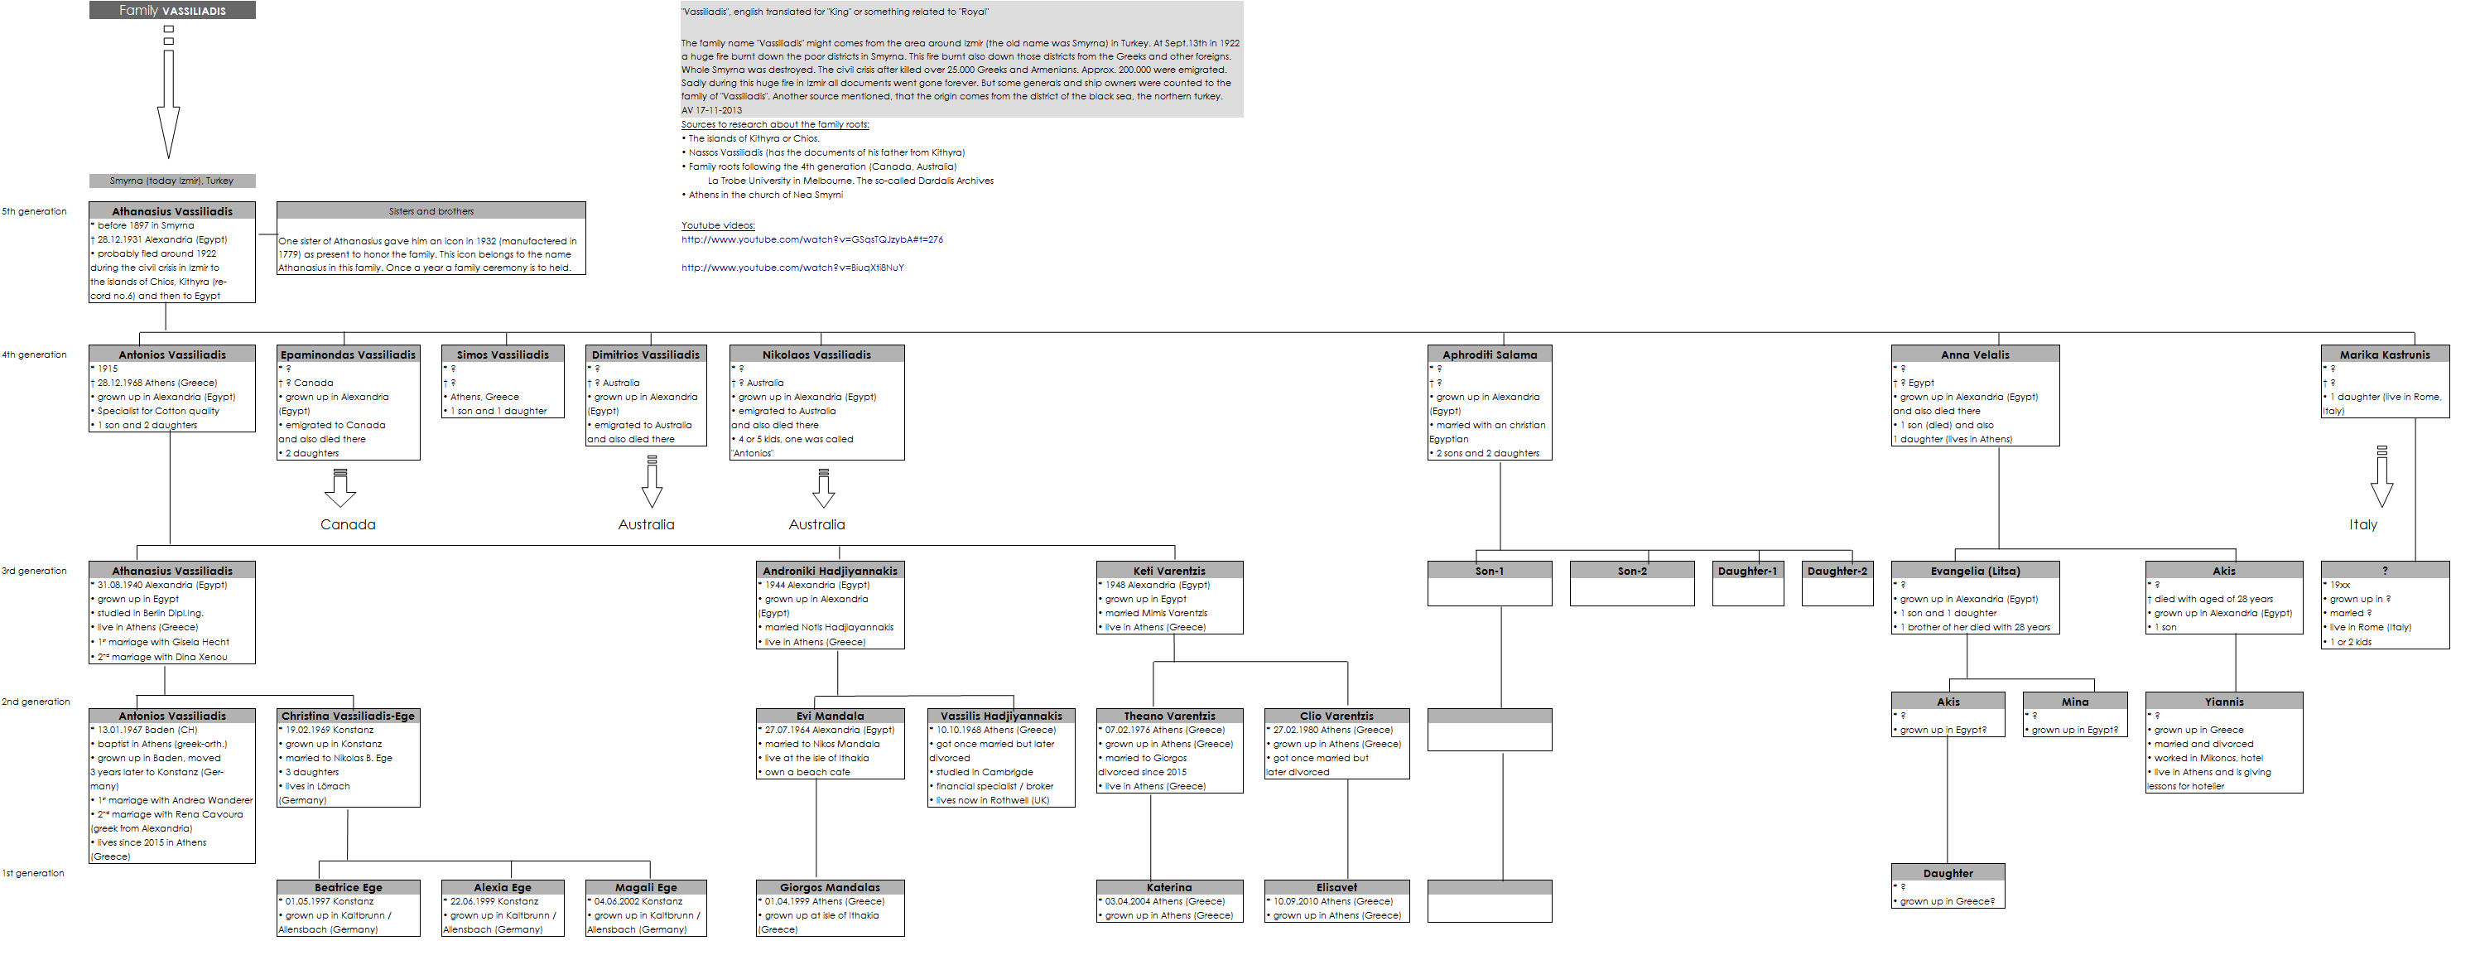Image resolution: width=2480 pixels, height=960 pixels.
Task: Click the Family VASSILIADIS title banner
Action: click(x=172, y=11)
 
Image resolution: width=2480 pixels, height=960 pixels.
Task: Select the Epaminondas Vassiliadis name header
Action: click(x=348, y=355)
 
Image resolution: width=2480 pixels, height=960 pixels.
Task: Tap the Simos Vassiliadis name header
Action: click(x=503, y=355)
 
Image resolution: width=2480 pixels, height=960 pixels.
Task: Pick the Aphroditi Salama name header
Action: click(x=1490, y=355)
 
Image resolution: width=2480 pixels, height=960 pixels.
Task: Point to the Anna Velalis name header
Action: click(x=1975, y=355)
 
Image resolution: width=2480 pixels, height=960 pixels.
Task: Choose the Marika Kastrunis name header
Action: click(x=2385, y=355)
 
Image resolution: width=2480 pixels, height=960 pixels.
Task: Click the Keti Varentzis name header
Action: click(x=1168, y=571)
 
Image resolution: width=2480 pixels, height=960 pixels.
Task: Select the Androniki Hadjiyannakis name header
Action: click(x=830, y=571)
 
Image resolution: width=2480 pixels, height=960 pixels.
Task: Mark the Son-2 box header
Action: click(x=1632, y=571)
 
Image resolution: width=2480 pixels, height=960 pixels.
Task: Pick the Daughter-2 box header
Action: click(x=1837, y=571)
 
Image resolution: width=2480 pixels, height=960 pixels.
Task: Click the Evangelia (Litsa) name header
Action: click(x=1975, y=571)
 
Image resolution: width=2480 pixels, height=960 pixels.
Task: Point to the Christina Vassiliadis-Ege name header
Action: click(x=348, y=716)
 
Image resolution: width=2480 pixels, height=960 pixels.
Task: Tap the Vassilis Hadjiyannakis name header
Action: click(x=1001, y=716)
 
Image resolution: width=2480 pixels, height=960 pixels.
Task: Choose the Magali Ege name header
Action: click(x=646, y=887)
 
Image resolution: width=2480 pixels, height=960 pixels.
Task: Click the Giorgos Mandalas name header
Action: click(x=830, y=887)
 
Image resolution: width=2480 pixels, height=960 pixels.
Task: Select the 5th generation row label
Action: click(x=35, y=212)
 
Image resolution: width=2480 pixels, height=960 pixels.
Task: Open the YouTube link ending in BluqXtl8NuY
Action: click(x=792, y=268)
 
